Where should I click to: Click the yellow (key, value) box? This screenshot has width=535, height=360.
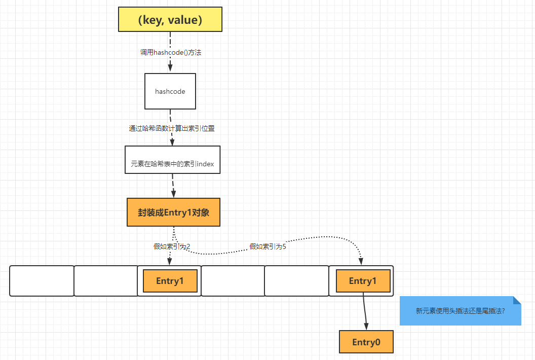click(170, 19)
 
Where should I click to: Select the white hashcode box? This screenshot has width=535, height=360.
click(170, 91)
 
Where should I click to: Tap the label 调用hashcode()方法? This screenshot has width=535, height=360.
click(171, 52)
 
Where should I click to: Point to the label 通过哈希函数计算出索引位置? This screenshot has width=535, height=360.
click(172, 128)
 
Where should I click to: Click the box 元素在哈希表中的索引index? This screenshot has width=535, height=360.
click(173, 160)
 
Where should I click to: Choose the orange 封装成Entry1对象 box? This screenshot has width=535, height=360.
click(173, 212)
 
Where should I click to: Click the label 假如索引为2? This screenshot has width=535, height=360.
click(172, 246)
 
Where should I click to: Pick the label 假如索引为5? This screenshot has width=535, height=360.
click(268, 246)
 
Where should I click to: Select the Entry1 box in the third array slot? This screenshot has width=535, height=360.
click(170, 281)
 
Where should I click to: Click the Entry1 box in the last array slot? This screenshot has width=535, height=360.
click(363, 281)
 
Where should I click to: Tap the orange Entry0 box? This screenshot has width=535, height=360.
click(366, 342)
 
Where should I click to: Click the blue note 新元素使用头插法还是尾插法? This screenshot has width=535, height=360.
click(461, 311)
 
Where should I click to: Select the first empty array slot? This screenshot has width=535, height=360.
click(42, 281)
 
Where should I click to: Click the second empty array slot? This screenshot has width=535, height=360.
click(106, 281)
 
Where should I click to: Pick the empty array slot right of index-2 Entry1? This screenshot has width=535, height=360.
click(233, 281)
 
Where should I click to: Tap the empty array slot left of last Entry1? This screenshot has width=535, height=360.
click(297, 281)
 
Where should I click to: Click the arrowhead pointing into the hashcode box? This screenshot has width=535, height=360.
click(170, 67)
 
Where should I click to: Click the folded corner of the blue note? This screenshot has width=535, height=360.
click(517, 300)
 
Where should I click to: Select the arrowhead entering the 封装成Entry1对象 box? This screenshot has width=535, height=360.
click(173, 193)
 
